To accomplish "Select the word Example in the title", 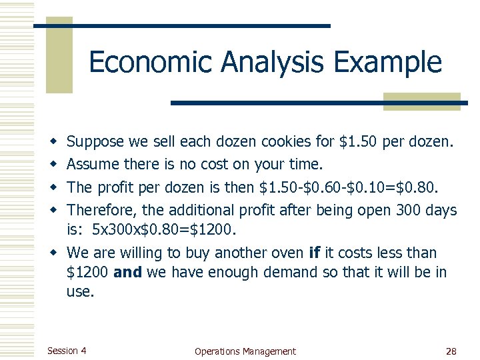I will click(x=387, y=62).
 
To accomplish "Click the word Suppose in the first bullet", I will click(x=95, y=142).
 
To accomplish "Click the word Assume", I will click(x=93, y=164).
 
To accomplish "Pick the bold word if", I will click(x=315, y=253).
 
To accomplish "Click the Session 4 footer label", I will click(x=67, y=351).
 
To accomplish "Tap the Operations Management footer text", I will click(x=245, y=351).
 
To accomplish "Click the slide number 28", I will click(x=450, y=351).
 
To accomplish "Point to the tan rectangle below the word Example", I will click(x=422, y=101).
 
